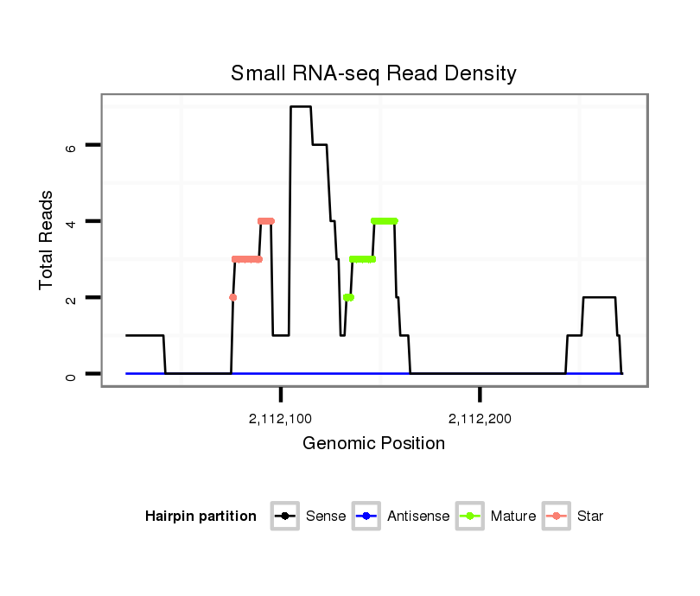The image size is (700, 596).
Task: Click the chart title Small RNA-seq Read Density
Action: (x=373, y=73)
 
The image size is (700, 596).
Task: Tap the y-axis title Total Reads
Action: (x=48, y=240)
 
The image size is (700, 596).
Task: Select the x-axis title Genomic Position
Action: (x=373, y=444)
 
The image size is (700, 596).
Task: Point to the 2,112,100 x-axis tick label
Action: (x=280, y=420)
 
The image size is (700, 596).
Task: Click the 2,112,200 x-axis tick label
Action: (x=480, y=420)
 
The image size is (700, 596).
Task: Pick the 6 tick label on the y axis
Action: (x=71, y=146)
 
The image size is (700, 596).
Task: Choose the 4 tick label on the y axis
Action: (x=71, y=221)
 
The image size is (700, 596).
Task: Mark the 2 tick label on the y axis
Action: (x=71, y=297)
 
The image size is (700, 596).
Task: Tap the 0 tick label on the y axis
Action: (x=71, y=373)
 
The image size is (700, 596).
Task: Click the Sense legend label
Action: (x=325, y=517)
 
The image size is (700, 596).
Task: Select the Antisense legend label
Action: (x=418, y=517)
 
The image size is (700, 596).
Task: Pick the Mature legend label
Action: (x=512, y=517)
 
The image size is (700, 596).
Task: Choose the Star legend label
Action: (x=589, y=517)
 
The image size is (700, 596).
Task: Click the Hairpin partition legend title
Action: (x=200, y=517)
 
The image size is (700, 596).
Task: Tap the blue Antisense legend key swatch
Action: (x=366, y=517)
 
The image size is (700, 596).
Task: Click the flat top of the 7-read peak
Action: (x=301, y=107)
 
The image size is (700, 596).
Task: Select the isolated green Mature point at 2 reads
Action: (x=348, y=297)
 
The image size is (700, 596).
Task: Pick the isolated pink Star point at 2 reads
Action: (x=232, y=297)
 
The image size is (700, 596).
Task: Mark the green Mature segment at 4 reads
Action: (x=384, y=221)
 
